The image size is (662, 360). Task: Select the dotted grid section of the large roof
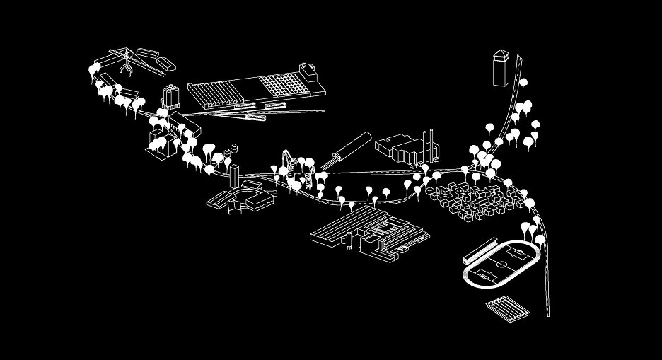point(286,85)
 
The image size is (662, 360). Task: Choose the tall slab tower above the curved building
point(234,173)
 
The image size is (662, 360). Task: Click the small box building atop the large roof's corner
point(309,72)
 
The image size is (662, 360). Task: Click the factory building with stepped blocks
point(400,149)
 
